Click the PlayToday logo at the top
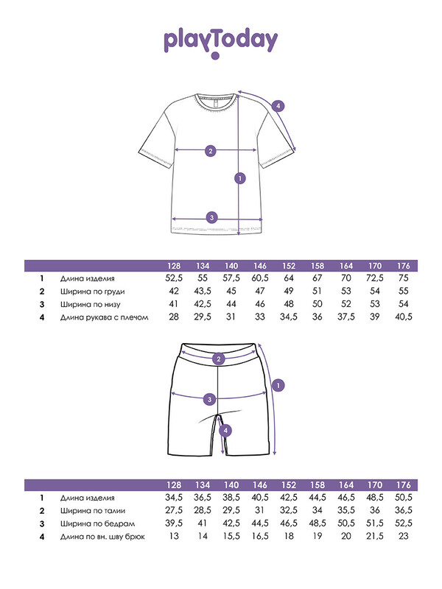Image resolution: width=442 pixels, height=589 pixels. click(x=220, y=43)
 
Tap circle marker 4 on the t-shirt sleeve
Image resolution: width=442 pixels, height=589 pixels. click(x=278, y=105)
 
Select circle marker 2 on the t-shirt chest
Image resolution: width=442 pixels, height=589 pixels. click(x=210, y=151)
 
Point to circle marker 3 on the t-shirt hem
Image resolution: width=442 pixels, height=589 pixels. click(x=211, y=217)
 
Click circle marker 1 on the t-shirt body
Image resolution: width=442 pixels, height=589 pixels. click(x=239, y=177)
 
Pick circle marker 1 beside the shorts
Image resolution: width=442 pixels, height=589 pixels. click(x=278, y=384)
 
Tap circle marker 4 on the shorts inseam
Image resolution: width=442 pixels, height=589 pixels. click(x=226, y=431)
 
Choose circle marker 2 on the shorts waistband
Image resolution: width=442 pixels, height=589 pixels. click(x=218, y=359)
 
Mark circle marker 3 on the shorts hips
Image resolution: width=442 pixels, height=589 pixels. click(x=210, y=399)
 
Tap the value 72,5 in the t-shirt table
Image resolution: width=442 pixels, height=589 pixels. click(x=375, y=278)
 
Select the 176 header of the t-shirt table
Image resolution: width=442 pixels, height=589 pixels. click(x=404, y=265)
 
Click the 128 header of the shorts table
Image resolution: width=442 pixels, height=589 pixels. click(x=173, y=484)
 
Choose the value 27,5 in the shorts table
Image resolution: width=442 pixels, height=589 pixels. click(x=173, y=509)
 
